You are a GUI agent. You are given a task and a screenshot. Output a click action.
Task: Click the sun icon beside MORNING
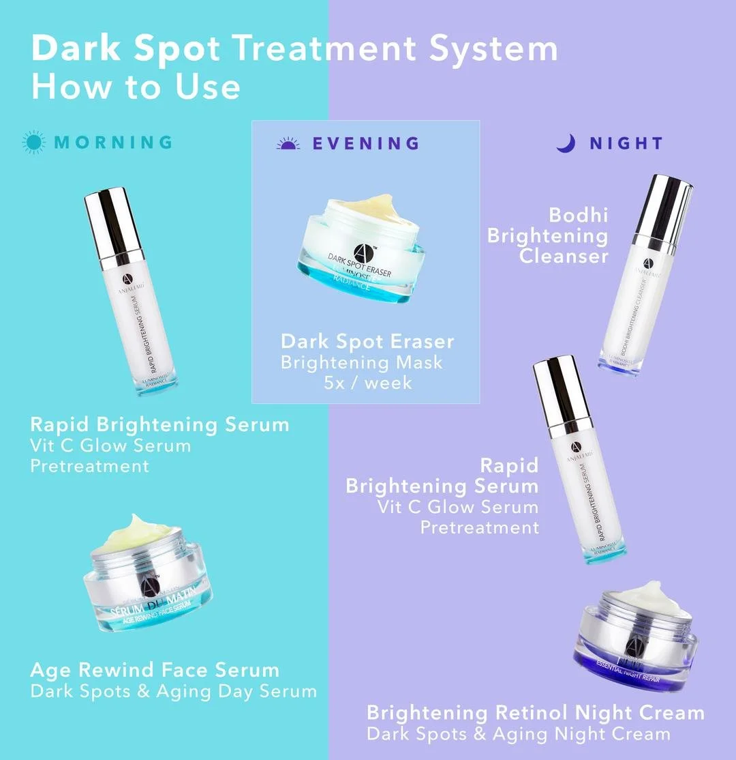coord(33,142)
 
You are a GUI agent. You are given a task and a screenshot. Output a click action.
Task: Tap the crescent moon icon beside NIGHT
coord(566,143)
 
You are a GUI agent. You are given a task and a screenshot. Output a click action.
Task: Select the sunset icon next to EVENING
coord(288,143)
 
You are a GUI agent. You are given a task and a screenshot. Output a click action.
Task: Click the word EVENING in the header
coord(365,143)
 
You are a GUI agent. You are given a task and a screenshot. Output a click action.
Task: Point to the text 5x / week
coord(368,382)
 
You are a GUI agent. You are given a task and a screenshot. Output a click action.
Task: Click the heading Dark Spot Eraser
coord(367,341)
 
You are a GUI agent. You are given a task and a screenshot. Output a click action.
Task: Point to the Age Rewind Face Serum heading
coord(155,669)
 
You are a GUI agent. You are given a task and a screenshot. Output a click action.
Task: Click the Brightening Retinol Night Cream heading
coord(535,713)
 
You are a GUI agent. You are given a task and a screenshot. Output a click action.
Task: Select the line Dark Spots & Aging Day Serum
coord(173,690)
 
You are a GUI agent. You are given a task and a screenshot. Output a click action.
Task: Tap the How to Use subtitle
coord(136,87)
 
